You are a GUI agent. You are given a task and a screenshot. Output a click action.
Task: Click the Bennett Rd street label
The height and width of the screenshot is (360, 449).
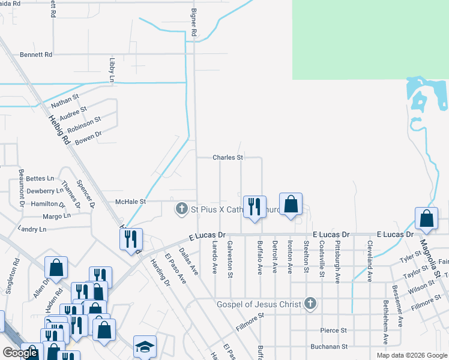coord(36,55)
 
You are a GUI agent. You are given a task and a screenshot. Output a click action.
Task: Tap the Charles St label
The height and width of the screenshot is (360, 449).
coord(228,158)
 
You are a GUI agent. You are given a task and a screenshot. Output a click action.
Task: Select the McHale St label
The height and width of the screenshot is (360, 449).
coord(130,202)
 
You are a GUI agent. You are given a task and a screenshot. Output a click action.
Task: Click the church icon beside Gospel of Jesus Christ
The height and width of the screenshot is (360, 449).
coord(310,304)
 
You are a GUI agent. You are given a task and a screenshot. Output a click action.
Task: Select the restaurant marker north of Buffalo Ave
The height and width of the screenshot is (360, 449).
coord(254,207)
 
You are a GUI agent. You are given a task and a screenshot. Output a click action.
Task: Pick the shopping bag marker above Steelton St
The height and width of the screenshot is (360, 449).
coord(291,204)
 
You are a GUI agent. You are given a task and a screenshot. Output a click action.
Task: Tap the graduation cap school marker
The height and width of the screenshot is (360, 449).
coord(145,346)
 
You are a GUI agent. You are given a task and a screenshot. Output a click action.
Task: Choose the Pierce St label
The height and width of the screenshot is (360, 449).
coord(334,331)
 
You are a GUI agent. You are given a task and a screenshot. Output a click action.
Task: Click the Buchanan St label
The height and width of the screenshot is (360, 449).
coord(329,347)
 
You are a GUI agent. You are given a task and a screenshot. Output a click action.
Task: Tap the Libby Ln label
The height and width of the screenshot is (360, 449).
coord(112,70)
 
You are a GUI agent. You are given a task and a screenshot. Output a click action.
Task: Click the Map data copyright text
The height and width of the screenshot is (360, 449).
coord(411,355)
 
